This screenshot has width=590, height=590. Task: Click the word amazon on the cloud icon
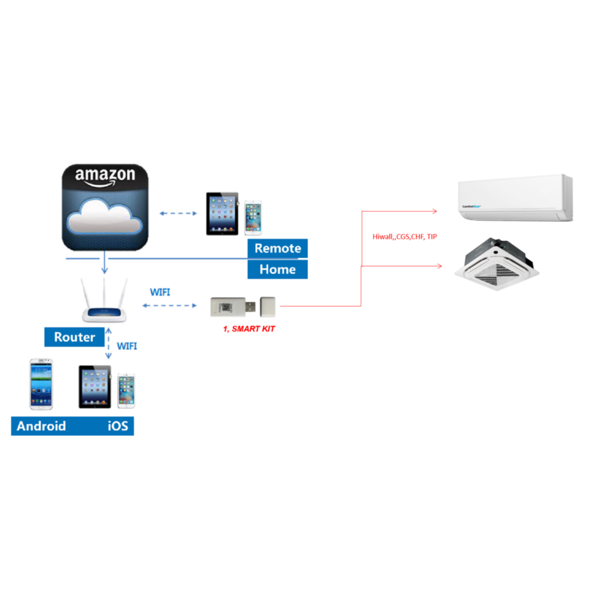(x=105, y=175)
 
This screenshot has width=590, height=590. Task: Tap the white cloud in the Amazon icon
(x=104, y=217)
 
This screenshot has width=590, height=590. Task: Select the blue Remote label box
(x=277, y=248)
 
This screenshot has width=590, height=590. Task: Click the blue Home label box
(x=277, y=269)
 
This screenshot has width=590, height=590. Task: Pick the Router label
(x=74, y=337)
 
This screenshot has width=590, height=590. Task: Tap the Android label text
(x=41, y=426)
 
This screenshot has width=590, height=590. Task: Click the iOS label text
(x=118, y=426)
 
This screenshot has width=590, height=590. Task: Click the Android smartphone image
(x=41, y=384)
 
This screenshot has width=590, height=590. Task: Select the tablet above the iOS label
(x=95, y=386)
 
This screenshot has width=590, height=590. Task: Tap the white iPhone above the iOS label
(x=126, y=391)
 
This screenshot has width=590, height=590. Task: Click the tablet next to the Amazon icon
(x=222, y=213)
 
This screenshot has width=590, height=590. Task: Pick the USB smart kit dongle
(x=234, y=307)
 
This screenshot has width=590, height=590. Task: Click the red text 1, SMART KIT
(x=249, y=329)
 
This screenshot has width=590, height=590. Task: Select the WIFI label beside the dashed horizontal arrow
(x=160, y=292)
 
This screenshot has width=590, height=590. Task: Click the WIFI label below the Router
(x=127, y=346)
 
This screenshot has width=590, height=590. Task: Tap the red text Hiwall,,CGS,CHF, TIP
(x=405, y=236)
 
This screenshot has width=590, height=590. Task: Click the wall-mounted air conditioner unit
(x=515, y=198)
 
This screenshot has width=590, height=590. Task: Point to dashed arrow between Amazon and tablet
(x=178, y=213)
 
